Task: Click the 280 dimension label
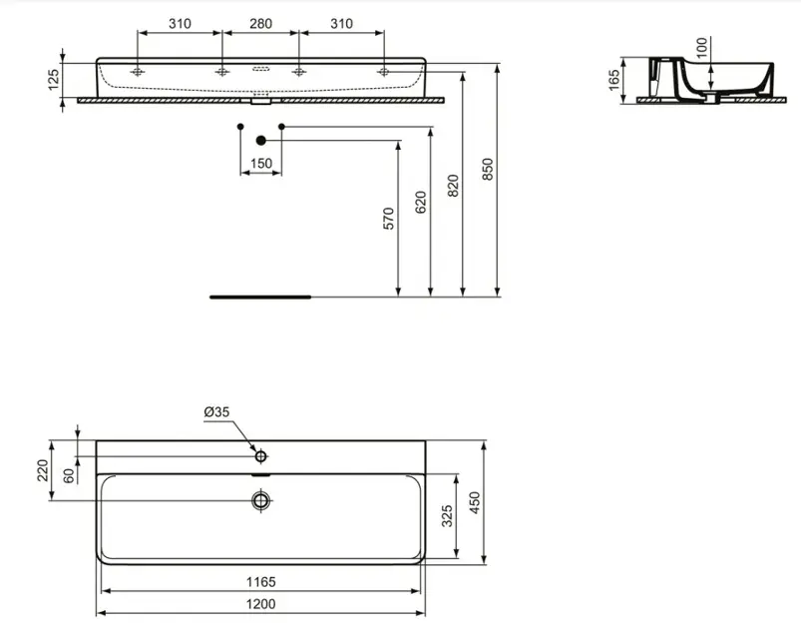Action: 260,22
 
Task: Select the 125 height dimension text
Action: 53,77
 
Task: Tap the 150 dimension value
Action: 260,163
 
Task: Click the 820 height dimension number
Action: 453,186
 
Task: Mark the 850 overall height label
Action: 487,171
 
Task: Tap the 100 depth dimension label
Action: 701,48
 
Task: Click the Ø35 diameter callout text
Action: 216,412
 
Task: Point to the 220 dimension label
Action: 43,469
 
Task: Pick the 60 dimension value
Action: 69,475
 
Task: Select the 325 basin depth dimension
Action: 448,515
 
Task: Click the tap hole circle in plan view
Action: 261,456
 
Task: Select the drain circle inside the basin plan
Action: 261,498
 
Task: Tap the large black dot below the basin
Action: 261,141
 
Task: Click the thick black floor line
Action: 260,297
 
